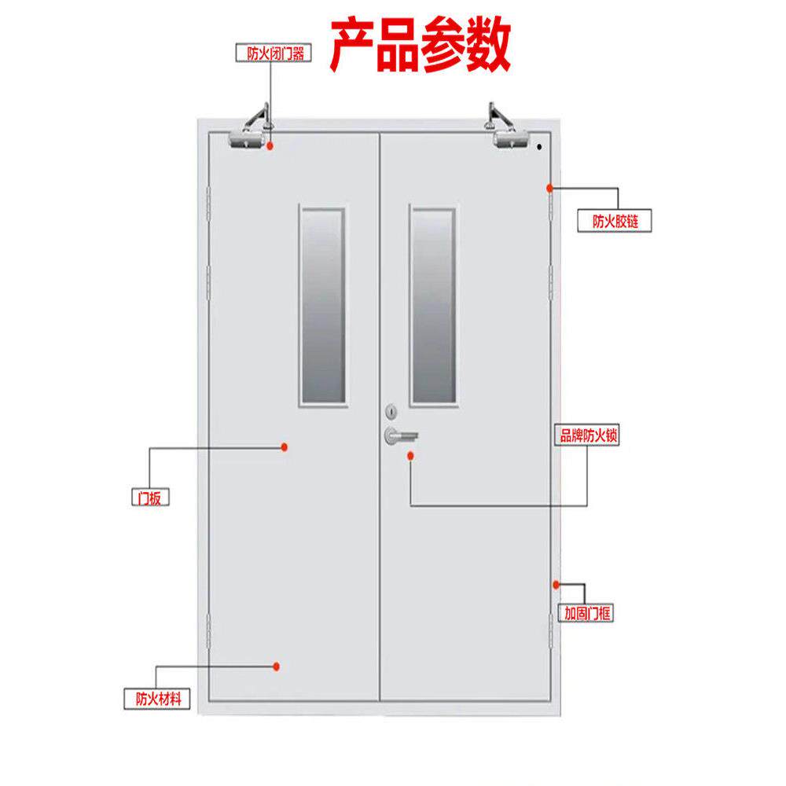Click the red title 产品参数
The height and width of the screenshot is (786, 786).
pyautogui.click(x=421, y=45)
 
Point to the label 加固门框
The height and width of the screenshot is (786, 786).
pyautogui.click(x=586, y=613)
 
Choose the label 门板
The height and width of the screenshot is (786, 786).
pyautogui.click(x=149, y=498)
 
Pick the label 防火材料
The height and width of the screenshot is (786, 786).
pyautogui.click(x=158, y=697)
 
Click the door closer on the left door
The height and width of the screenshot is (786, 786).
pyautogui.click(x=250, y=134)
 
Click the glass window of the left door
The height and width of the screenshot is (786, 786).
pyautogui.click(x=322, y=307)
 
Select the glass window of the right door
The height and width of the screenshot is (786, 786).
pyautogui.click(x=433, y=307)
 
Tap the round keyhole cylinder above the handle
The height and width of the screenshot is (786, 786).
pyautogui.click(x=391, y=410)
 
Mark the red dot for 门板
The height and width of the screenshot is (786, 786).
pyautogui.click(x=285, y=446)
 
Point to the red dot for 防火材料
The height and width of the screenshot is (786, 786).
pyautogui.click(x=277, y=667)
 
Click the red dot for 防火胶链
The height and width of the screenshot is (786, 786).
pyautogui.click(x=549, y=187)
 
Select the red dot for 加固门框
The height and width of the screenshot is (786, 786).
pyautogui.click(x=556, y=584)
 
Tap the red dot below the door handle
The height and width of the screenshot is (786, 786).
pyautogui.click(x=410, y=455)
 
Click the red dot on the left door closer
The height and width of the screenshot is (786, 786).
pyautogui.click(x=270, y=145)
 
